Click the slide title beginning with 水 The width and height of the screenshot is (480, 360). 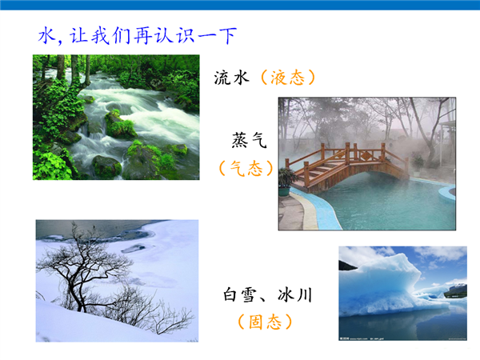click(x=137, y=35)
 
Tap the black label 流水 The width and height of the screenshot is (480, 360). click(x=231, y=78)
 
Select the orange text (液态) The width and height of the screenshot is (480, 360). click(x=287, y=78)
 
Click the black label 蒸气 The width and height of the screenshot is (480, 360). click(x=249, y=140)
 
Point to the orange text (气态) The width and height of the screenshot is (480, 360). click(x=246, y=168)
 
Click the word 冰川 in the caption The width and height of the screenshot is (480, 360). click(x=295, y=294)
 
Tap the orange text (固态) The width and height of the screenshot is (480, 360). click(x=265, y=322)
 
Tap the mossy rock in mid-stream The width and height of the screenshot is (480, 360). click(x=120, y=125)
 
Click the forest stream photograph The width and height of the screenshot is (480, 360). click(x=116, y=118)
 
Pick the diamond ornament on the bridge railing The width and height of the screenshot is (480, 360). click(x=366, y=156)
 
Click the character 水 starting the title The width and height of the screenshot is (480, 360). click(x=46, y=35)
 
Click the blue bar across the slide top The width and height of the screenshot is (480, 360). click(x=240, y=5)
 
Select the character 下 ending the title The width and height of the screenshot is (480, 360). click(x=228, y=35)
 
